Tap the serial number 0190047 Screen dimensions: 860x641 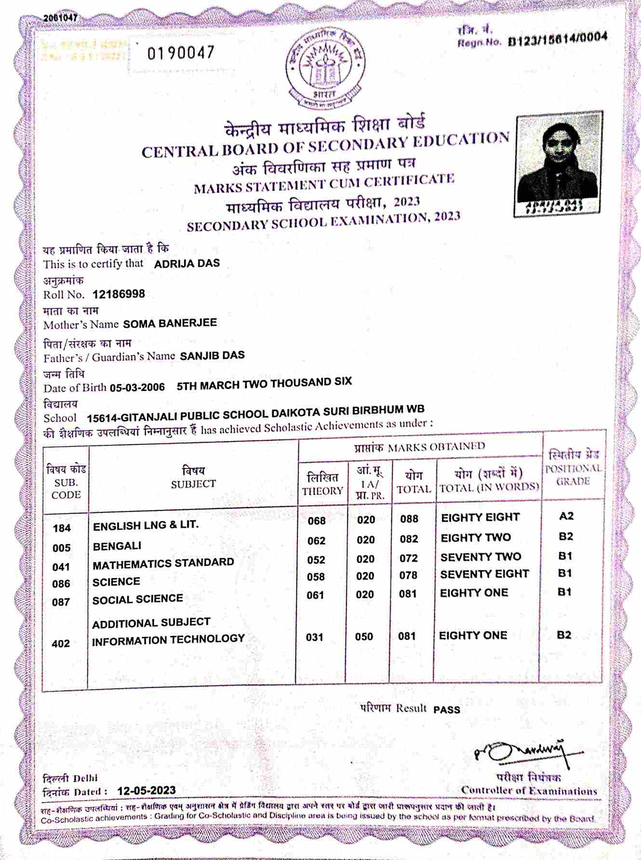click(x=181, y=53)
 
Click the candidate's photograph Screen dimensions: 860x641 click(x=559, y=164)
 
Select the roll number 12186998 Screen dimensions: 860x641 click(x=119, y=294)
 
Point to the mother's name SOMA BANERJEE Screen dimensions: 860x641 click(x=170, y=323)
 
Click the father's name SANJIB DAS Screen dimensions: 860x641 click(x=212, y=356)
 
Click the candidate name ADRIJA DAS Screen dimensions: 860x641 click(x=187, y=263)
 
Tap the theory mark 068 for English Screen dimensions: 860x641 click(x=317, y=521)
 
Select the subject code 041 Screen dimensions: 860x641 click(x=61, y=567)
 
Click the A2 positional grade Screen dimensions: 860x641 click(x=566, y=516)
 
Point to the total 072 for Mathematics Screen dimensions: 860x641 click(x=409, y=558)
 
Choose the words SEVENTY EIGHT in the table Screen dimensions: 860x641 click(x=484, y=574)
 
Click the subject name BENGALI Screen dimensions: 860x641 click(x=117, y=546)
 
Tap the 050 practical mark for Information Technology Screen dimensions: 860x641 click(x=364, y=637)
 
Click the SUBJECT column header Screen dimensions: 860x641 click(x=193, y=478)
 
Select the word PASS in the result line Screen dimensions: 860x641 click(x=447, y=710)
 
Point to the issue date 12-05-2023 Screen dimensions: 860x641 click(x=147, y=791)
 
